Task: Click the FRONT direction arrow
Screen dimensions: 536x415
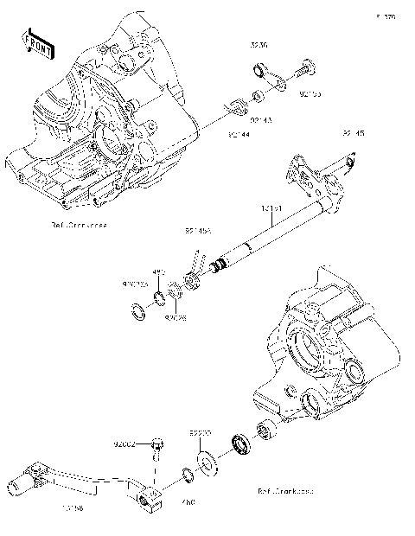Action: pyautogui.click(x=39, y=44)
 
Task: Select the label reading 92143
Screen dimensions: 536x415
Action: pyautogui.click(x=260, y=120)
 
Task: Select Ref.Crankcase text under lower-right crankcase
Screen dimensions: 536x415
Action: pyautogui.click(x=285, y=490)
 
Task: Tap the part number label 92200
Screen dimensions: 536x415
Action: pyautogui.click(x=201, y=430)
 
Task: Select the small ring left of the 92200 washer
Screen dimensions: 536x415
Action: pyautogui.click(x=186, y=473)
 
